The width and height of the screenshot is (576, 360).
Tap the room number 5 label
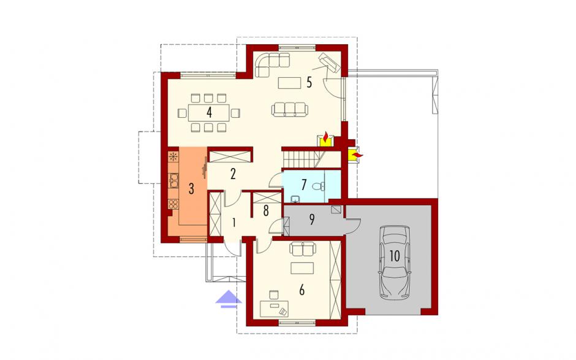click(x=309, y=82)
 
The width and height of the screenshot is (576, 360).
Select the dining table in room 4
click(x=209, y=112)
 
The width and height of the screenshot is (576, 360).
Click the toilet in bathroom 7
click(x=317, y=186)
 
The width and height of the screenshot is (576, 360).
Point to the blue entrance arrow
click(x=229, y=297)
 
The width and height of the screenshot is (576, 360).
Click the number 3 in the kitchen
click(x=191, y=189)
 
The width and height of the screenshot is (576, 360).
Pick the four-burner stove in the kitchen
click(x=173, y=204)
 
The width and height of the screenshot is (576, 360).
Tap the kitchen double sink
click(x=173, y=180)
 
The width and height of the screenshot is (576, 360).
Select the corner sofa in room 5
click(x=270, y=63)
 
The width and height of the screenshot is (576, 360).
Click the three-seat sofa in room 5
click(x=290, y=109)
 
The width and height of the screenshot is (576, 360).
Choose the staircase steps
click(x=301, y=159)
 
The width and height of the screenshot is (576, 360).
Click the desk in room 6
click(x=274, y=308)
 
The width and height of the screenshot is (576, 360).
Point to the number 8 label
click(x=266, y=211)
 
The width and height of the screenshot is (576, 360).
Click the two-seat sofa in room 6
click(x=303, y=248)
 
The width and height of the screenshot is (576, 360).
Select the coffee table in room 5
click(x=290, y=83)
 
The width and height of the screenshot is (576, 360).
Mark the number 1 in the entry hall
click(x=233, y=222)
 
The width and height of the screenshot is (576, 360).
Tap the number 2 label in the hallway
click(x=233, y=174)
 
